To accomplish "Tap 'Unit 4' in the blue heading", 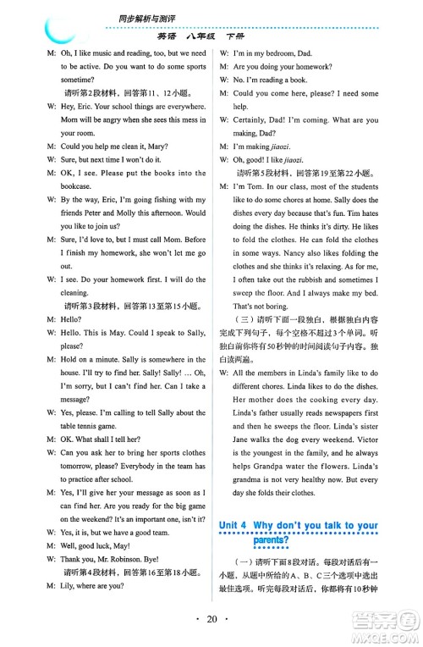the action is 234,526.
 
